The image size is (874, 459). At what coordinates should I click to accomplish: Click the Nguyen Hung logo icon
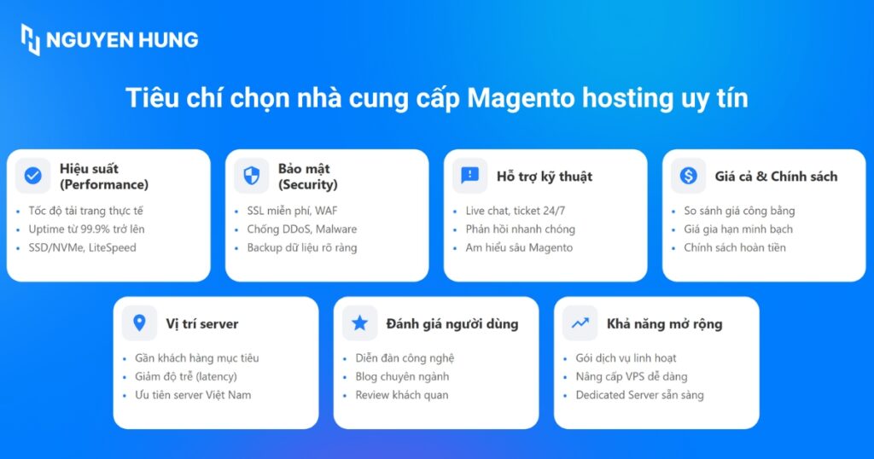31,39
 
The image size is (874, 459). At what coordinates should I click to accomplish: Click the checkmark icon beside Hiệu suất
32,176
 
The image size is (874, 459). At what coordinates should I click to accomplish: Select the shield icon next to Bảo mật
251,176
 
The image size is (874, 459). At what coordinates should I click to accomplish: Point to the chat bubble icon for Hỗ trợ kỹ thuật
469,176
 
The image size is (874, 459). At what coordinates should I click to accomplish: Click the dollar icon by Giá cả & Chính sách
688,176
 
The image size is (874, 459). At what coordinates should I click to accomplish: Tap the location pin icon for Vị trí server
139,323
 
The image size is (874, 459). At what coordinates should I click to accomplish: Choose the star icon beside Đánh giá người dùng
359,323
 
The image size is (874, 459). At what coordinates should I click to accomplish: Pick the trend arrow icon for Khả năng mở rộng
580,323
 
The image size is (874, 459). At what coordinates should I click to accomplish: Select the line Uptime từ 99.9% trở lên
86,229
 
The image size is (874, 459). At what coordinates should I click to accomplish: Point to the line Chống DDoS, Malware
301,229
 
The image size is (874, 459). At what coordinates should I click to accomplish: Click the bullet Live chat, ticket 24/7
516,211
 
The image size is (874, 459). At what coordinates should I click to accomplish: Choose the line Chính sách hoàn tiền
734,247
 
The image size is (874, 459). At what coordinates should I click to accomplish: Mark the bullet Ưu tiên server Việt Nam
193,395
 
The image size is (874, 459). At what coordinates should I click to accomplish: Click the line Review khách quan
401,395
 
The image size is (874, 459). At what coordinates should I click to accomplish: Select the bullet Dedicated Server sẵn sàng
639,395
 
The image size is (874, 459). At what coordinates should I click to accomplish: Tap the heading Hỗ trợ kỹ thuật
544,177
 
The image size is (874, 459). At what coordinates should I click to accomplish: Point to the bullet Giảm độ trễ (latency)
186,376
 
